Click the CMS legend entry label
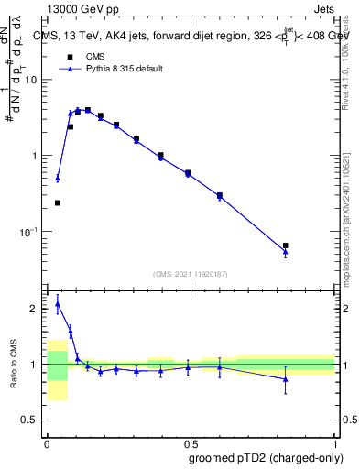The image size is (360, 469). (96, 56)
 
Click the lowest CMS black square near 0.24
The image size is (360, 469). (57, 202)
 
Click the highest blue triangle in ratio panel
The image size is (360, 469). (57, 304)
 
